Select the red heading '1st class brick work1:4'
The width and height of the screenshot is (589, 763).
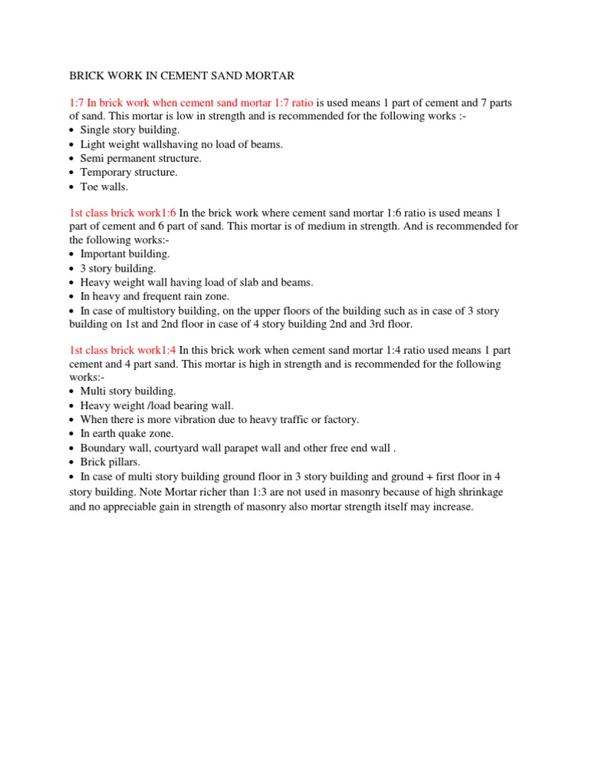pos(122,350)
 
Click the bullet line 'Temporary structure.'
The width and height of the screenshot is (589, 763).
pos(128,172)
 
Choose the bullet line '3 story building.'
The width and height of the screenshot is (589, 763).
pos(118,268)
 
